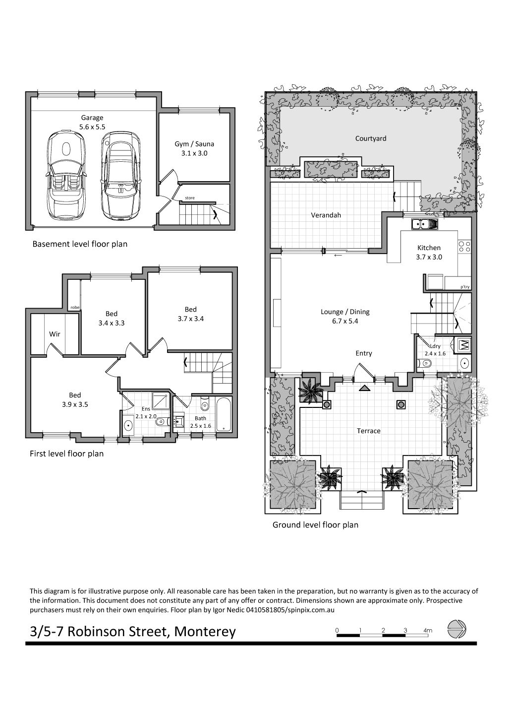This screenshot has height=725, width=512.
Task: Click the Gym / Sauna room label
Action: coord(194,148)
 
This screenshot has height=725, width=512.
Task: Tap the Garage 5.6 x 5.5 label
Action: coord(92,123)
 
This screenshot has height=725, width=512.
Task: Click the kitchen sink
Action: coord(424,224)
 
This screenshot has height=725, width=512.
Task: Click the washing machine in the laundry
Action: coord(462,345)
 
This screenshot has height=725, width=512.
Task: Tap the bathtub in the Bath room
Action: coord(224,415)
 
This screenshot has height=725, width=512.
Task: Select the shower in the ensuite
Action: coord(161,402)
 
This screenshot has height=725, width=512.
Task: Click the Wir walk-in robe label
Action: coord(55,334)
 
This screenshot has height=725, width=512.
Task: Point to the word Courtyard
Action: coord(371,138)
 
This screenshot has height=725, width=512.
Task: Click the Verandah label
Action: coord(326,215)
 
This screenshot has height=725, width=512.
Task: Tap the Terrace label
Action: coord(368,431)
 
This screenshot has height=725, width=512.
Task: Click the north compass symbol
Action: coord(456,629)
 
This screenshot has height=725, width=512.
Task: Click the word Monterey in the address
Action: coord(205,632)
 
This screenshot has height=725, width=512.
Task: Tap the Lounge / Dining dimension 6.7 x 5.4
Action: coord(345,321)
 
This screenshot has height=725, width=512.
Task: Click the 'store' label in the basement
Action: coord(190,198)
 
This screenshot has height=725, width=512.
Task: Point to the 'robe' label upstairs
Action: coord(75,308)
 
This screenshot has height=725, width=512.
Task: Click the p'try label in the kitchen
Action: coord(465,287)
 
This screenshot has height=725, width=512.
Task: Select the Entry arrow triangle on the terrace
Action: coord(364,388)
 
